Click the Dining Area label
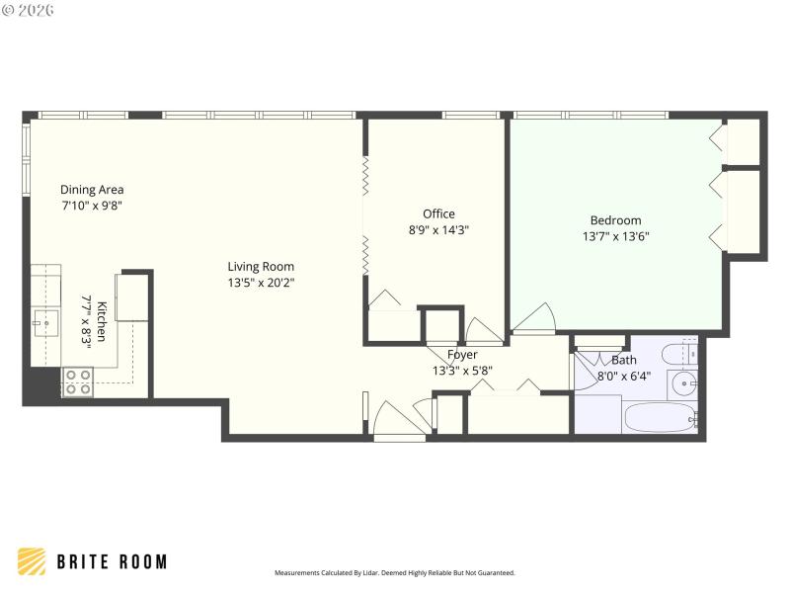point(92,190)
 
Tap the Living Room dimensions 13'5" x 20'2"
point(261,283)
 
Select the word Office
point(438,214)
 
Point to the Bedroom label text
point(615,220)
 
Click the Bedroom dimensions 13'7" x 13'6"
point(615,236)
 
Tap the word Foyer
point(462,355)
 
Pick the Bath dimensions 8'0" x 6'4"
point(624,376)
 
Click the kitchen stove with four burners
point(77,381)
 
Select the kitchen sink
point(44,320)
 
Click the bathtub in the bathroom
point(661,415)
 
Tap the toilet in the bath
point(682,354)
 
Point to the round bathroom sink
point(684,383)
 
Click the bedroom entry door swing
point(534,319)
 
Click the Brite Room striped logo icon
point(32,561)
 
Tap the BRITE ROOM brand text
point(111,562)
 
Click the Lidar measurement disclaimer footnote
point(394,573)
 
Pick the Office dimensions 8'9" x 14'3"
point(438,230)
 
